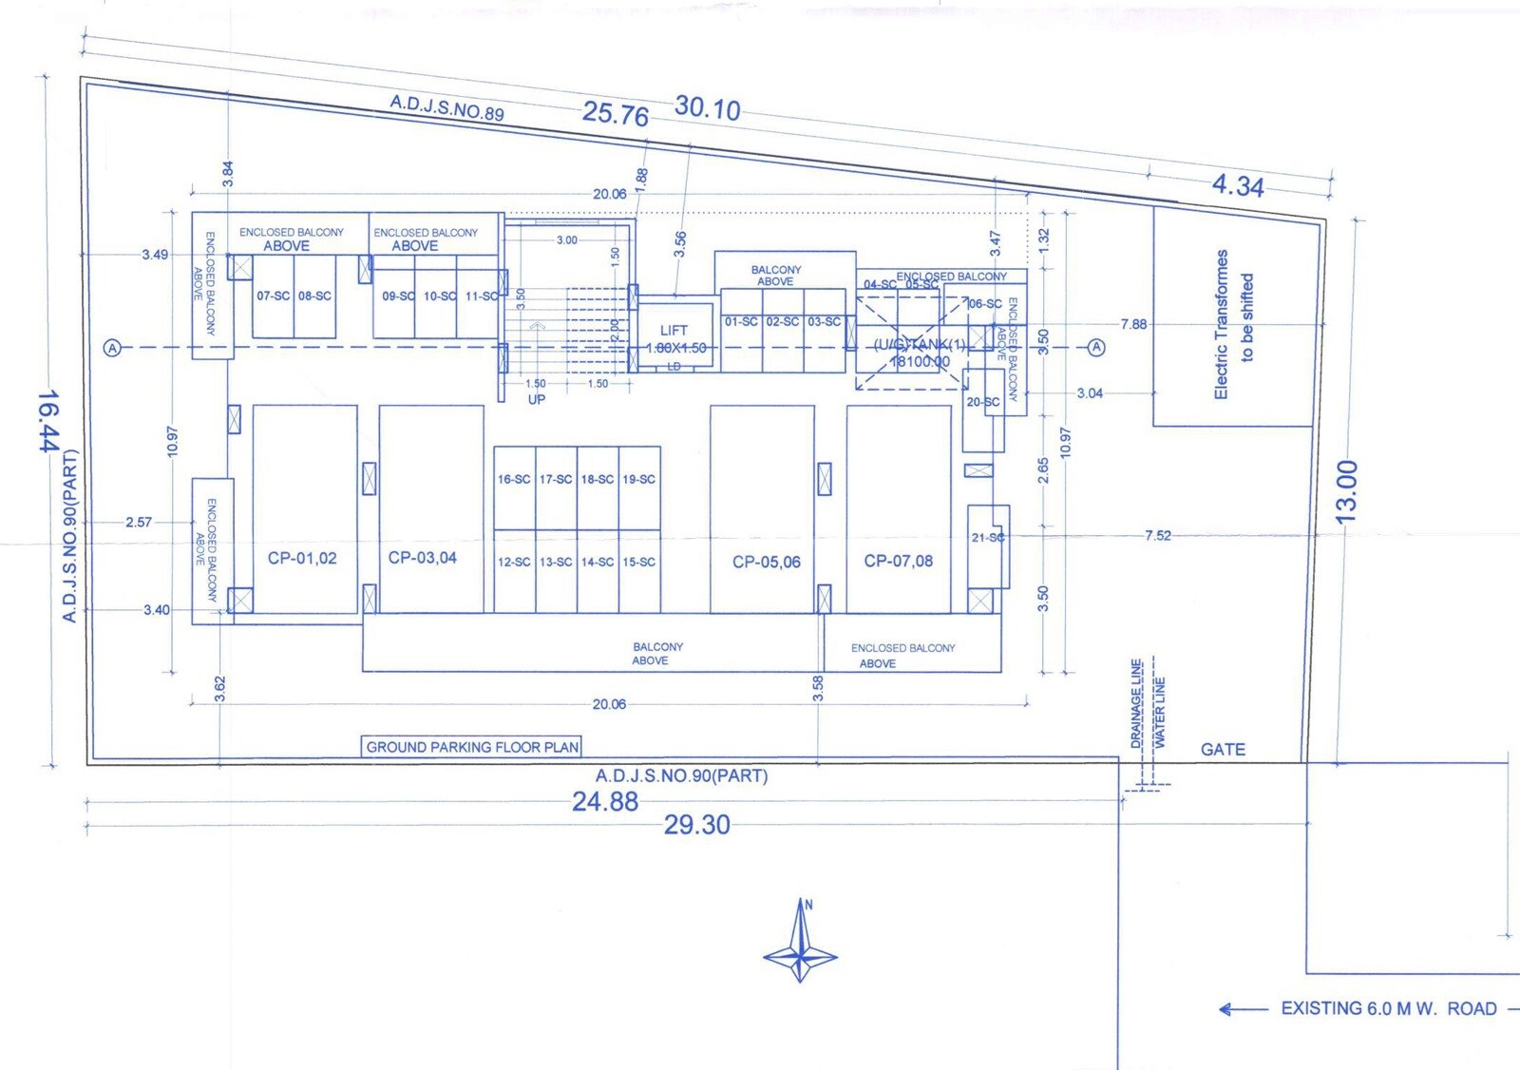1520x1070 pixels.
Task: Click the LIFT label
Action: pyautogui.click(x=674, y=331)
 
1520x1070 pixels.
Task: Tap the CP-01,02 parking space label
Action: pyautogui.click(x=302, y=558)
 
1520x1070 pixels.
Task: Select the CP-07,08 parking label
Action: pyautogui.click(x=898, y=561)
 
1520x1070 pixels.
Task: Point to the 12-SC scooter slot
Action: pyautogui.click(x=514, y=563)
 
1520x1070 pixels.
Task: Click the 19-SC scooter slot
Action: pyautogui.click(x=638, y=480)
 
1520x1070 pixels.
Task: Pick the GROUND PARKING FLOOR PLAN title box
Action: pyautogui.click(x=472, y=747)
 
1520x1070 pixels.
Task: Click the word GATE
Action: pyautogui.click(x=1223, y=750)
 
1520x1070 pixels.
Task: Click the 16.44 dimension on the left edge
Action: pyautogui.click(x=47, y=421)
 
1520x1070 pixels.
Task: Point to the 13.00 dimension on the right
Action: pyautogui.click(x=1346, y=492)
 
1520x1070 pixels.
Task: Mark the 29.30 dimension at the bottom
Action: pyautogui.click(x=696, y=825)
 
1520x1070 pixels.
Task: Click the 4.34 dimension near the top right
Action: pyautogui.click(x=1238, y=185)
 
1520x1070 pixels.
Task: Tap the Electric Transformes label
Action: pyautogui.click(x=1222, y=324)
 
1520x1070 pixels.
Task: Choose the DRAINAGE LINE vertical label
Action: pyautogui.click(x=1136, y=703)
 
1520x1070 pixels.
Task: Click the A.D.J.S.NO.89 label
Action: pyautogui.click(x=446, y=107)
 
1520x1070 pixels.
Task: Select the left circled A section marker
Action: pyautogui.click(x=113, y=349)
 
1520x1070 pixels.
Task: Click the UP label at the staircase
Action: pyautogui.click(x=537, y=400)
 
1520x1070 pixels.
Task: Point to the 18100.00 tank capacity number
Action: pyautogui.click(x=919, y=362)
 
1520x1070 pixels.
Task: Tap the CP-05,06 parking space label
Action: pyautogui.click(x=766, y=563)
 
